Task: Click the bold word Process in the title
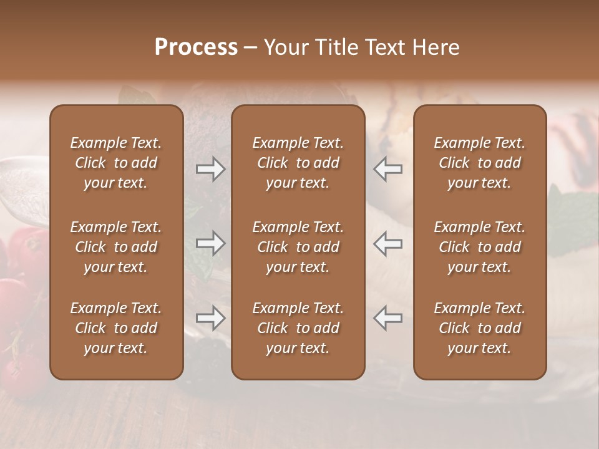pos(196,47)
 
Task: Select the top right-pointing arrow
pos(211,169)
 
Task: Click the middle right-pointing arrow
pos(211,244)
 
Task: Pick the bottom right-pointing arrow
pos(211,319)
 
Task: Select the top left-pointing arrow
pos(388,169)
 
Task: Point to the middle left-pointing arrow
pos(388,244)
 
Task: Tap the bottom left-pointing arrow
pos(388,319)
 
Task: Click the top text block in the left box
pos(116,163)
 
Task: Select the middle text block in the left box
pos(116,247)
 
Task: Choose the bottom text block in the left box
pos(116,328)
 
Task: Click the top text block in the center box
pos(298,163)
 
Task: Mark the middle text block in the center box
pos(298,247)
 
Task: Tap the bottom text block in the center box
pos(298,328)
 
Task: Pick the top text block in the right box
pos(480,163)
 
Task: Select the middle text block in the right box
pos(480,247)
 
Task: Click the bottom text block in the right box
pos(480,328)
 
